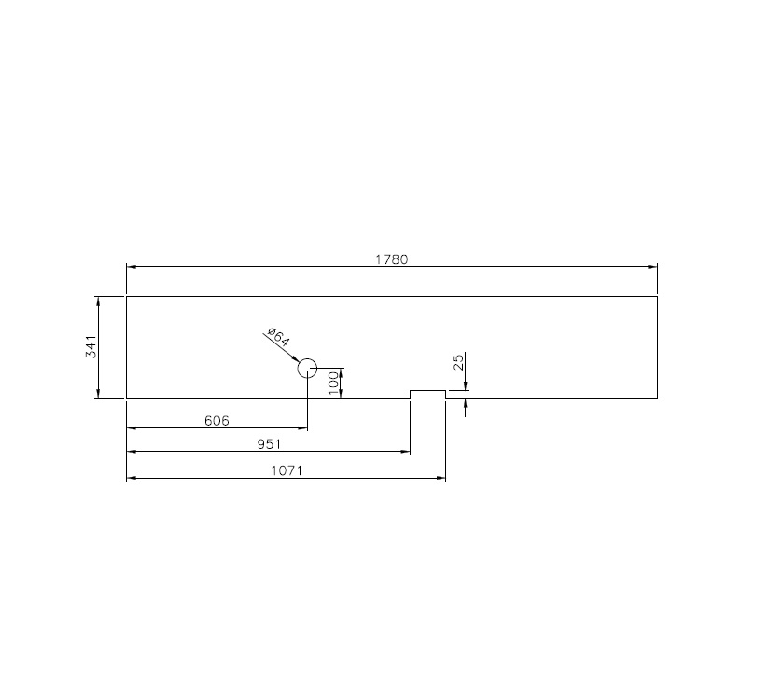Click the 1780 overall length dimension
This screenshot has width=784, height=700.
392,259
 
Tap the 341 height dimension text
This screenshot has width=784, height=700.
91,347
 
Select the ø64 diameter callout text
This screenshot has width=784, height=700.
278,336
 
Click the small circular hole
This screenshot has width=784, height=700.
308,368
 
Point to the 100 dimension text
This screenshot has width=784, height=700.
333,382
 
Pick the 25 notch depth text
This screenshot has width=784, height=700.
458,362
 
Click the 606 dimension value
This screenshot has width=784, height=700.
217,421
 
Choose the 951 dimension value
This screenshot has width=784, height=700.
269,445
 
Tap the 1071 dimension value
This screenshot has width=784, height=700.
286,471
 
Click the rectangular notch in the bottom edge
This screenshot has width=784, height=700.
428,394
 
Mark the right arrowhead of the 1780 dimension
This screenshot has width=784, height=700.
652,267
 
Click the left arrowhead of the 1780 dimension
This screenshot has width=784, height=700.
132,267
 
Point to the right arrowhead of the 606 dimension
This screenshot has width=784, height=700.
302,428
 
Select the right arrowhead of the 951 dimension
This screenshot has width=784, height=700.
405,453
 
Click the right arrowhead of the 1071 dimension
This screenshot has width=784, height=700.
440,479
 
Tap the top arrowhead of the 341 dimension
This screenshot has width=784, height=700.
98,301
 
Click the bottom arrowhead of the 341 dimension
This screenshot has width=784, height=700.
98,393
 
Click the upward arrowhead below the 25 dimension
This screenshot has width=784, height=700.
465,404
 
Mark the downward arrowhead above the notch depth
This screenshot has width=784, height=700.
465,385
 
